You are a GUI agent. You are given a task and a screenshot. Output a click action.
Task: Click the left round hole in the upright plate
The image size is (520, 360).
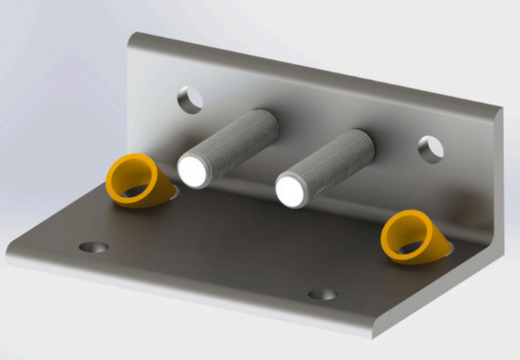(190, 99)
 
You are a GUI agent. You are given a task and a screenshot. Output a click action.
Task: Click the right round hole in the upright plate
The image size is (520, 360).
(431, 148)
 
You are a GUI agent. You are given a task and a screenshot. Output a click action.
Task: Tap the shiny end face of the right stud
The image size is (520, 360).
(292, 190)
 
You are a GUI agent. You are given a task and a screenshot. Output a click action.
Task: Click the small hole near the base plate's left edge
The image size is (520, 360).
(93, 247)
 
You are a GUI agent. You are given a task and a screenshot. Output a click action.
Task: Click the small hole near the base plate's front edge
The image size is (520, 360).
(323, 294)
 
